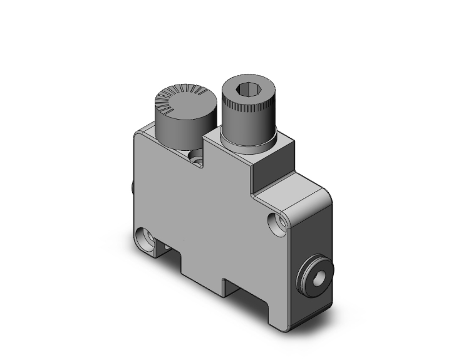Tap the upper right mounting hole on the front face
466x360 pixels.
click(x=273, y=221)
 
